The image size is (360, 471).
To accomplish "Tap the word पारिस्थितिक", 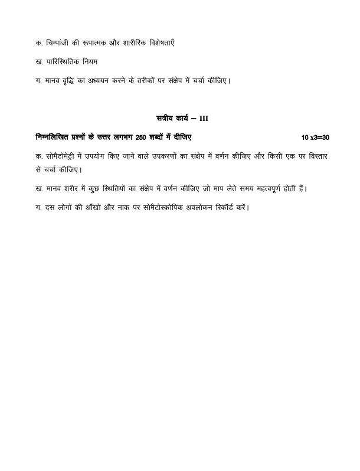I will coord(62,61).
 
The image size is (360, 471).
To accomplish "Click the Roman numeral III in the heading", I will coord(204,119).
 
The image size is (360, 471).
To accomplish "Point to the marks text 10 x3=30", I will coord(315,138).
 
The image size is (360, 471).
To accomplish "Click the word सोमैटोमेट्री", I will coord(64,156).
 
